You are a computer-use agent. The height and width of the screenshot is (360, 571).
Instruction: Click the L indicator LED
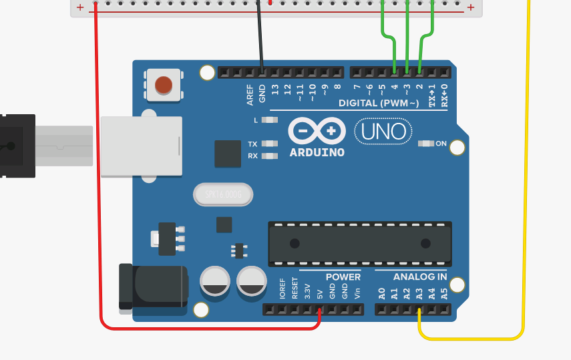270,120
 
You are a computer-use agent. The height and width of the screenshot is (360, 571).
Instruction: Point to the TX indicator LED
270,144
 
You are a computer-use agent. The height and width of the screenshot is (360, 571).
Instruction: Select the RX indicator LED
270,156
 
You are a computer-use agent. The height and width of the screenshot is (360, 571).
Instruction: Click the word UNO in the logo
383,132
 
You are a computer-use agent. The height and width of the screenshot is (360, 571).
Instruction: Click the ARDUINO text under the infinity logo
317,152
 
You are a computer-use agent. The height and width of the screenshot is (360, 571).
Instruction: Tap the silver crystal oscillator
223,194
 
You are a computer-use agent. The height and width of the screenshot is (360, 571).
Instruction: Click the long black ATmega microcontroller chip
359,242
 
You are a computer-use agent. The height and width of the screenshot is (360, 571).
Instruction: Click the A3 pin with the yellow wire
419,310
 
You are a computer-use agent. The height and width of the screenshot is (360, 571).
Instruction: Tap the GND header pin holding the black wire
262,71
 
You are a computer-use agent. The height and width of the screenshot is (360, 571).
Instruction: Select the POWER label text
343,277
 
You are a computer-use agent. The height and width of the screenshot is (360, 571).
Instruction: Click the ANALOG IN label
419,277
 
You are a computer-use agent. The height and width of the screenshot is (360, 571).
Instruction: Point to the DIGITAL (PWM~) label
379,103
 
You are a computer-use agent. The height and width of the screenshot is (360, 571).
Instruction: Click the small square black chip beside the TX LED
228,154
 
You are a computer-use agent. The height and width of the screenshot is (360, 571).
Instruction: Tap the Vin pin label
357,291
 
